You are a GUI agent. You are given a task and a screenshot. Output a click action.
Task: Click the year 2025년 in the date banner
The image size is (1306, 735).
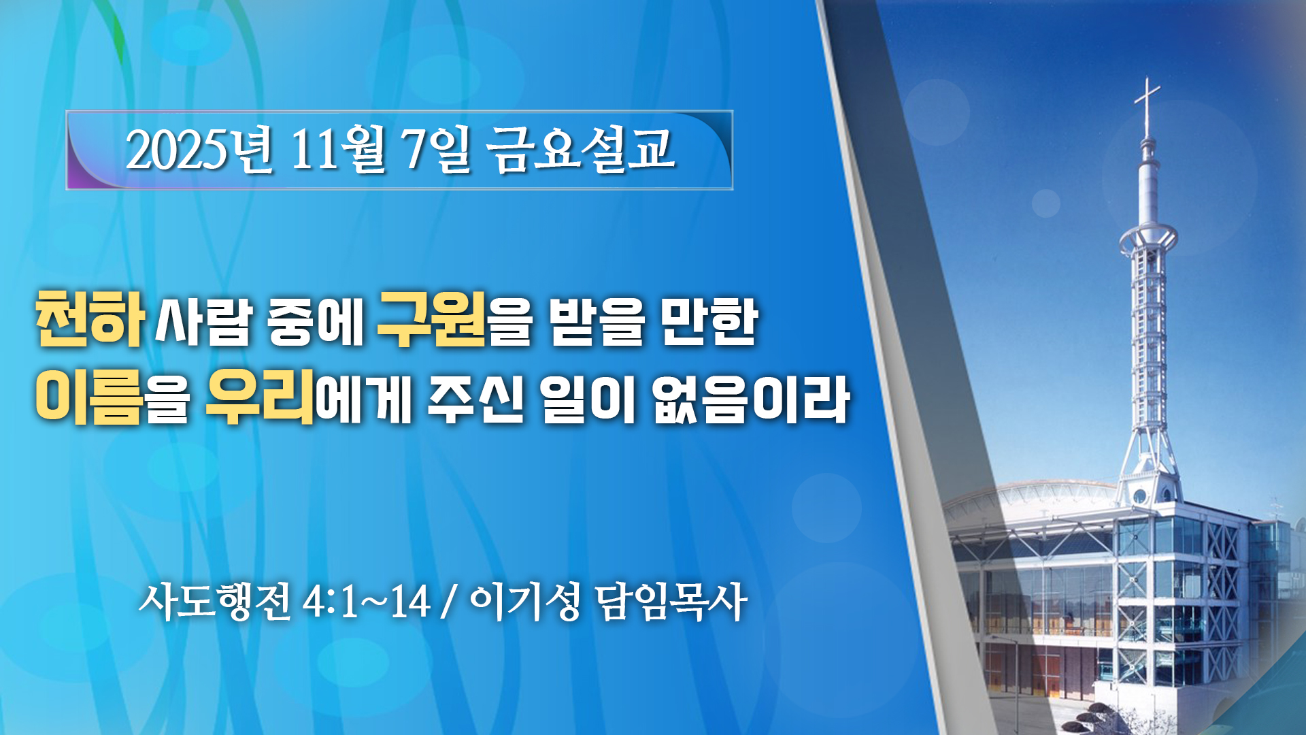(x=199, y=150)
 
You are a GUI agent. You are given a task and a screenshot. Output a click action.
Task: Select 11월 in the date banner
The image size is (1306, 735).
(x=338, y=150)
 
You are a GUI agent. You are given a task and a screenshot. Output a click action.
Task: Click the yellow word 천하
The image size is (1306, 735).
(x=90, y=318)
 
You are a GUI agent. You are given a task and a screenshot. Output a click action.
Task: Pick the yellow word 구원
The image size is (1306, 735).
(x=431, y=318)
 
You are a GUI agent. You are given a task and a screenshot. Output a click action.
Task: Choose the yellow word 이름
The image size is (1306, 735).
(x=89, y=398)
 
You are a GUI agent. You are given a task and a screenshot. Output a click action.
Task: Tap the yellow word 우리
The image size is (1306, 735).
(x=260, y=398)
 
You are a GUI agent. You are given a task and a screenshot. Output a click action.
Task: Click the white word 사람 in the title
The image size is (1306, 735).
(x=203, y=321)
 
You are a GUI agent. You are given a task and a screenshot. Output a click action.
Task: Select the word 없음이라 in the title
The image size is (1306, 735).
(x=751, y=399)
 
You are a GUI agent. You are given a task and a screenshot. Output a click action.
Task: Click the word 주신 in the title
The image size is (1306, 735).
(x=476, y=399)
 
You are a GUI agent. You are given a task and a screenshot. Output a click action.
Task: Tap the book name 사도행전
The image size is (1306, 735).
(x=215, y=602)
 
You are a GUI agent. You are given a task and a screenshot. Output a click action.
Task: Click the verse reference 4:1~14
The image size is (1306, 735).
(x=367, y=602)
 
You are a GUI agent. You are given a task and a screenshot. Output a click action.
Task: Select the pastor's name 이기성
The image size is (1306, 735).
(x=524, y=602)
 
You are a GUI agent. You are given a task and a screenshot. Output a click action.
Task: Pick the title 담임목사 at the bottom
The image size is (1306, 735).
(x=671, y=602)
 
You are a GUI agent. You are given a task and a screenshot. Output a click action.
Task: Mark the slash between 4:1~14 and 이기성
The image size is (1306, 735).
(x=448, y=602)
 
